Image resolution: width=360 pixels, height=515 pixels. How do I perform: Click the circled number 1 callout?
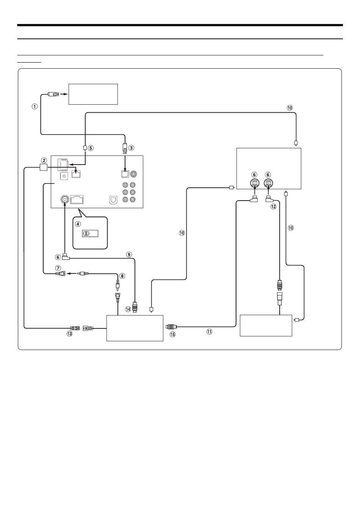34,107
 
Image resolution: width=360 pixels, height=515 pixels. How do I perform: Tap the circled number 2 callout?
44,160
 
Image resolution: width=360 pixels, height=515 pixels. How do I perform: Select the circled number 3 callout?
131,148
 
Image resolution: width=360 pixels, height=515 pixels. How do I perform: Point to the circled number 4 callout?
78,223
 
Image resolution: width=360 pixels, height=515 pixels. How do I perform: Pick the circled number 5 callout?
91,148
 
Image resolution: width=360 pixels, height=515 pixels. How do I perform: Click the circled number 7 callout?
58,268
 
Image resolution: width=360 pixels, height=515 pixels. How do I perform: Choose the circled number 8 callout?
122,276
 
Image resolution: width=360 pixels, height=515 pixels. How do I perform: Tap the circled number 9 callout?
129,254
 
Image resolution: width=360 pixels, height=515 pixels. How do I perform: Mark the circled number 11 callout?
209,331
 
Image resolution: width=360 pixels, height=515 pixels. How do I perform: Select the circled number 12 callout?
273,206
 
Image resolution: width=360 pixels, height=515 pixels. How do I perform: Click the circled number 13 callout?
69,334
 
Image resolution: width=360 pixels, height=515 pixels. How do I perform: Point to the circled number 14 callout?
128,309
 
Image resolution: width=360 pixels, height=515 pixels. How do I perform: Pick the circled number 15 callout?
172,334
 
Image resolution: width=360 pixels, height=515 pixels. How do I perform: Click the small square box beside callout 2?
44,167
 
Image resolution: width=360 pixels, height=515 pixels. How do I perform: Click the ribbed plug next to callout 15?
170,326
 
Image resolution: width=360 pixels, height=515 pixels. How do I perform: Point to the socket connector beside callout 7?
61,273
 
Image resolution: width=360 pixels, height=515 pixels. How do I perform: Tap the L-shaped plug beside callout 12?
269,198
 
